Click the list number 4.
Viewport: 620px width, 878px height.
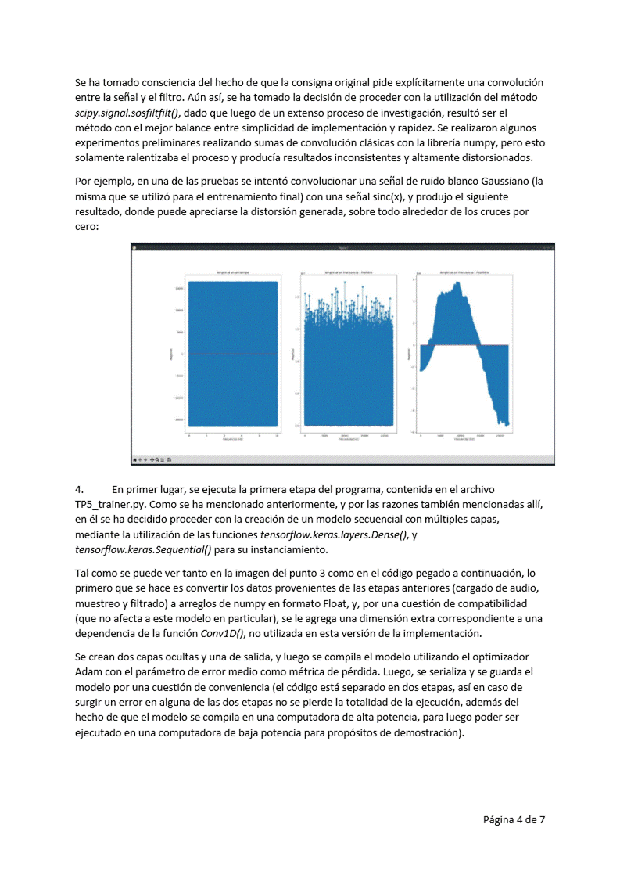(x=79, y=490)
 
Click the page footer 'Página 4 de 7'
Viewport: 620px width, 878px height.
(x=514, y=819)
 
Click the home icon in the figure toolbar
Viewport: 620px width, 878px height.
(x=135, y=459)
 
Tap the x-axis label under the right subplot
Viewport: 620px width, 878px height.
(x=464, y=439)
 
